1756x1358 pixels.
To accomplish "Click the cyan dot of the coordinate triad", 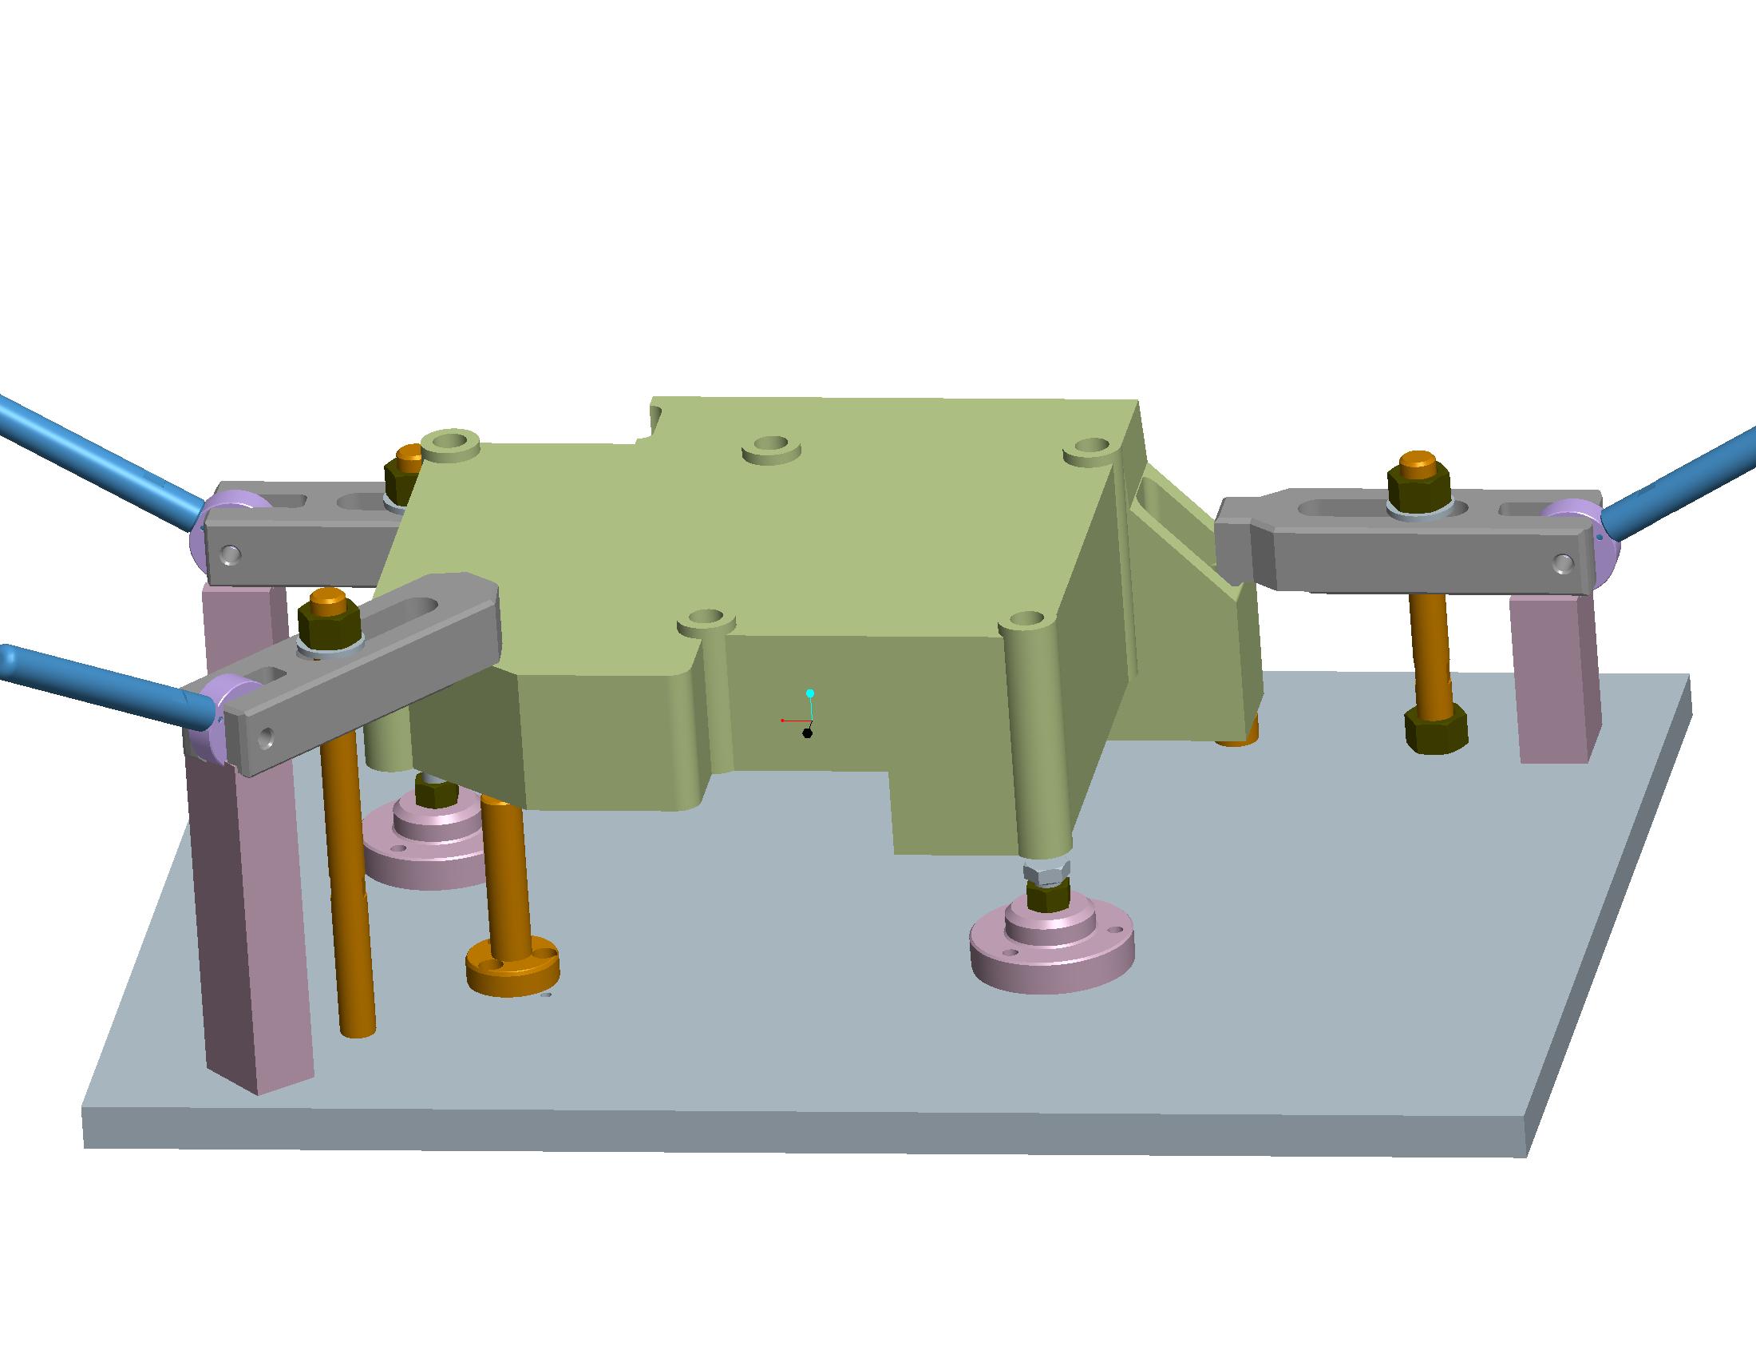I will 810,693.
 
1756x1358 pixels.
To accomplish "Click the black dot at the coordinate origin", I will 807,733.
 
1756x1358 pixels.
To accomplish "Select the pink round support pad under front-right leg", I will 1052,957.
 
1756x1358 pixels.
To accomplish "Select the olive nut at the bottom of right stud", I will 1436,729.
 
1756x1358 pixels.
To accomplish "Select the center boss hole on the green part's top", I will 771,445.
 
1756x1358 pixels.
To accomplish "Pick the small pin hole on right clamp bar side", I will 1563,562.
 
